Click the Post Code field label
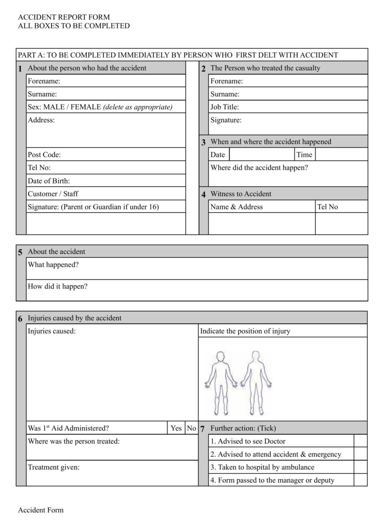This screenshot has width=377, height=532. [44, 155]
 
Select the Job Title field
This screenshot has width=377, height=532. [288, 107]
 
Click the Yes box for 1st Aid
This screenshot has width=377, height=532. [176, 428]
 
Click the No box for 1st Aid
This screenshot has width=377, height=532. [191, 428]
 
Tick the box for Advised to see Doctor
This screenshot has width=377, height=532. [360, 441]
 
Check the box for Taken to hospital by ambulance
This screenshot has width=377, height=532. [360, 467]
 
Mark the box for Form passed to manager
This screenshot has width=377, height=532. [360, 480]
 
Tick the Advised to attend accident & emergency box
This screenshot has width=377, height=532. [360, 454]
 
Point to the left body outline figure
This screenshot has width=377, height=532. [220, 383]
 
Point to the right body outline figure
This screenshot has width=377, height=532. [256, 383]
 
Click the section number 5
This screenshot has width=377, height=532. [21, 252]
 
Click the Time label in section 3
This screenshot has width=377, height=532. [305, 155]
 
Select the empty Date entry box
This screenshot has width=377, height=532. [262, 155]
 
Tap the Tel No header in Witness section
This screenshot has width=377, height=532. [328, 207]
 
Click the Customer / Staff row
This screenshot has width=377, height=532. [106, 194]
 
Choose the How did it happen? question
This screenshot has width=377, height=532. [58, 287]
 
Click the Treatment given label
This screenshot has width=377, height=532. [54, 468]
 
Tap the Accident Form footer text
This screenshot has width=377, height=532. [41, 510]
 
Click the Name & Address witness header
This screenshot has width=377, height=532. [237, 207]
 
